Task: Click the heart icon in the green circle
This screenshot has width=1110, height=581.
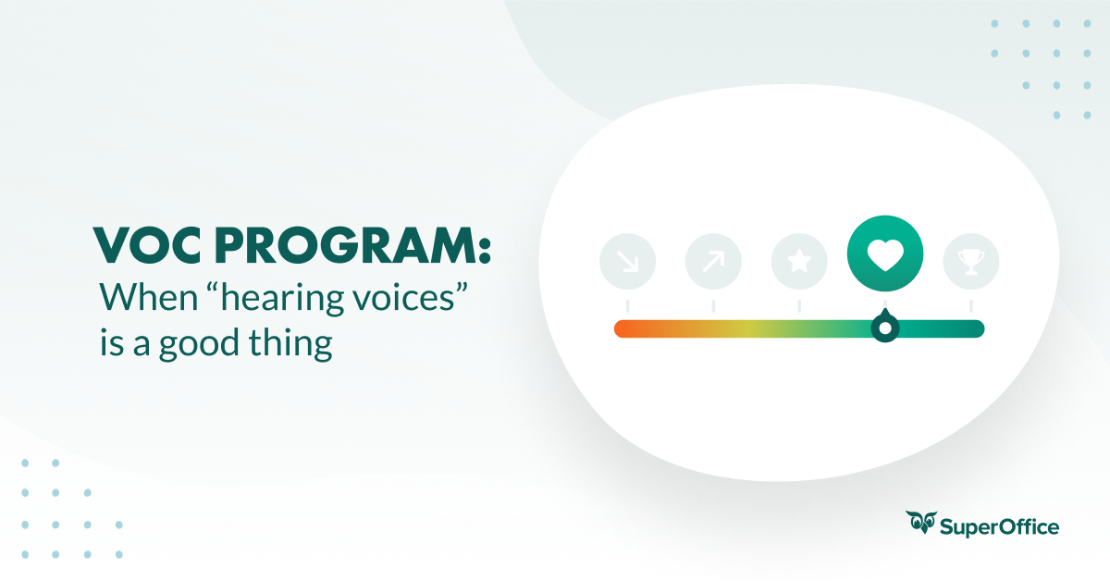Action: (885, 253)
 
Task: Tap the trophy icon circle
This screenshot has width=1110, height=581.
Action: (970, 262)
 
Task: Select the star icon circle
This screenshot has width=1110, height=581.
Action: (799, 262)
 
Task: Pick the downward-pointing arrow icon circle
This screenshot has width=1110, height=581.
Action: (627, 262)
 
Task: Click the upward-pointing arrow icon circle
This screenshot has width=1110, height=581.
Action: (713, 262)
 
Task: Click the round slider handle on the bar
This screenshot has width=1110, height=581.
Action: (885, 328)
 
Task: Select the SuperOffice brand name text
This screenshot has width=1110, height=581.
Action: (999, 527)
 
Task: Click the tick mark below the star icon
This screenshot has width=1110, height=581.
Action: (799, 305)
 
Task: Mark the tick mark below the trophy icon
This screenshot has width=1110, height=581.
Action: (970, 305)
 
